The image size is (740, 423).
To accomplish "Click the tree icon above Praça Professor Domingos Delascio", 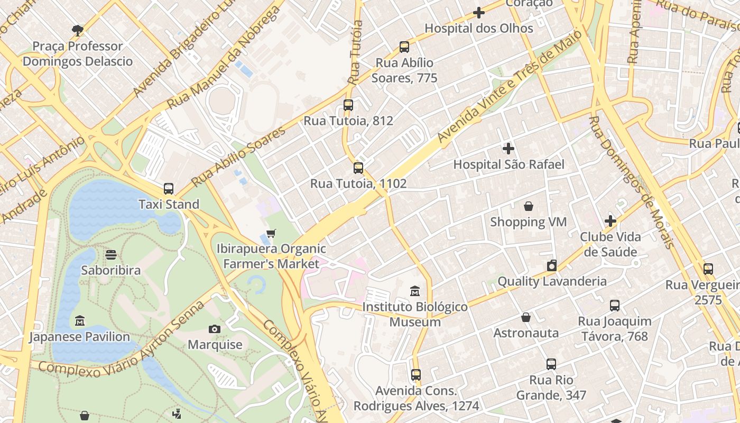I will pyautogui.click(x=78, y=30).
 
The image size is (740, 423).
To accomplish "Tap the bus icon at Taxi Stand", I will pyautogui.click(x=169, y=189).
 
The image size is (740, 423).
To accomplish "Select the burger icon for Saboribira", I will pyautogui.click(x=111, y=255).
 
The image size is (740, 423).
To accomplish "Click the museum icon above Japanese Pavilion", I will pyautogui.click(x=80, y=321).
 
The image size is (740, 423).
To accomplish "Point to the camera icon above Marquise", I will pyautogui.click(x=214, y=329).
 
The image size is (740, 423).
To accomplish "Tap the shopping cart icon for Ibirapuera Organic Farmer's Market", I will pyautogui.click(x=271, y=233).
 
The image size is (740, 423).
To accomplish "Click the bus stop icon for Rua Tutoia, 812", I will pyautogui.click(x=348, y=105).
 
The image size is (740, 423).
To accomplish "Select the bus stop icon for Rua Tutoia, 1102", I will pyautogui.click(x=358, y=168).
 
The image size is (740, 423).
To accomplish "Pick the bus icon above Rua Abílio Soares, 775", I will pyautogui.click(x=404, y=47).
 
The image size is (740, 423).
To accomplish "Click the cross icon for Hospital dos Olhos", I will pyautogui.click(x=479, y=13).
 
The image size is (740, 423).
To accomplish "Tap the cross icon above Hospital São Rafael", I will pyautogui.click(x=508, y=149).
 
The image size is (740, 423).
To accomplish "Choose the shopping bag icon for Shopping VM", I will pyautogui.click(x=529, y=206).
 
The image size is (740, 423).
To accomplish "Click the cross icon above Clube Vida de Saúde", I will pyautogui.click(x=610, y=221).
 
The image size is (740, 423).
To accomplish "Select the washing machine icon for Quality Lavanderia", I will pyautogui.click(x=552, y=265).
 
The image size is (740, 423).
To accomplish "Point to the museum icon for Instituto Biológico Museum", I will pyautogui.click(x=415, y=291).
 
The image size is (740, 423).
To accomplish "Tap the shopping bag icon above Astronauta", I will pyautogui.click(x=526, y=317).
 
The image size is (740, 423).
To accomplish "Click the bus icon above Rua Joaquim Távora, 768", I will pyautogui.click(x=615, y=305).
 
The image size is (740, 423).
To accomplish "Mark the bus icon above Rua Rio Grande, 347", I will pyautogui.click(x=551, y=364).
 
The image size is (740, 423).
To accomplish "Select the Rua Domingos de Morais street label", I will pyautogui.click(x=631, y=182).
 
